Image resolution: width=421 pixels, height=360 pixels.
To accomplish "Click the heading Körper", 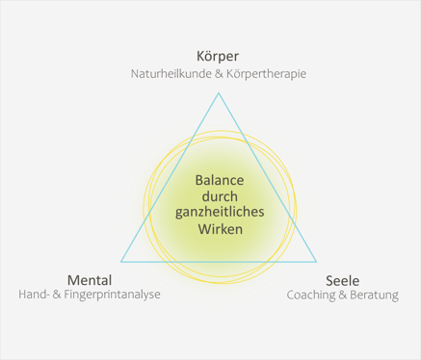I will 218,55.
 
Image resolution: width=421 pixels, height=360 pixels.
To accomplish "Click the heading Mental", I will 91,279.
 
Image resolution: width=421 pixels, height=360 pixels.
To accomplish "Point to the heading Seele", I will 343,279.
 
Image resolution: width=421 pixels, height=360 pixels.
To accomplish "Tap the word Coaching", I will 314,296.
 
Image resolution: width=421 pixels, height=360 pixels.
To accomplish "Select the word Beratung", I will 372,296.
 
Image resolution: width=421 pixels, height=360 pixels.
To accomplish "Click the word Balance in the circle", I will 219,180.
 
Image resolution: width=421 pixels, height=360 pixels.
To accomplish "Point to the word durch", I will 219,196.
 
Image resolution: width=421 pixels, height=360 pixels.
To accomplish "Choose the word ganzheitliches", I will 219,213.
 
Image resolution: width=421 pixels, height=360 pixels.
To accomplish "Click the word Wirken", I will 219,230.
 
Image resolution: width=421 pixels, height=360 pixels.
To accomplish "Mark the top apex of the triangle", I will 219,92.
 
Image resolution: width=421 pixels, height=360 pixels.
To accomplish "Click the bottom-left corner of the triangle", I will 120,261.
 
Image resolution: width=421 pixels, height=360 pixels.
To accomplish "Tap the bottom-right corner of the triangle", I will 316,261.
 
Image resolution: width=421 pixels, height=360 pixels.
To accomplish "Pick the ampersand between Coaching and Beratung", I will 344,296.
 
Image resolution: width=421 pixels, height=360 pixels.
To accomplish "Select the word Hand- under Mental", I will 35,296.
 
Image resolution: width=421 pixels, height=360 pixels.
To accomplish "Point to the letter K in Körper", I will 200,55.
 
